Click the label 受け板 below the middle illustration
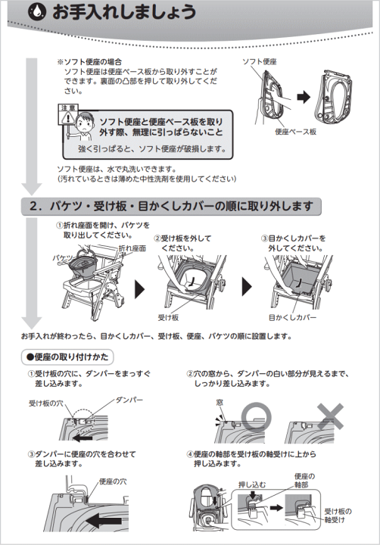pos(167,318)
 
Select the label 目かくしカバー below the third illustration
pos(292,318)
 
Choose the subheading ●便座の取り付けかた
pos(67,354)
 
